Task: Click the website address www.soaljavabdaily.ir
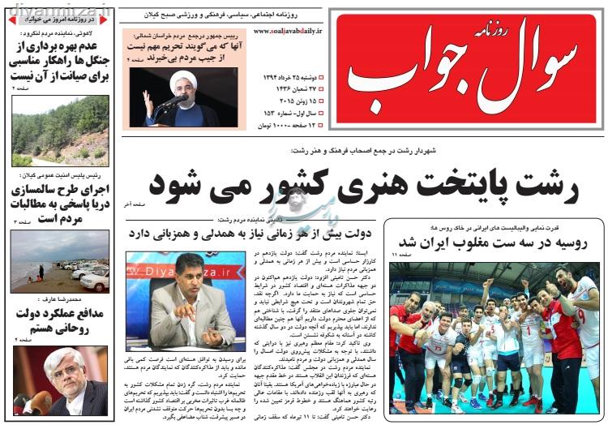(287, 30)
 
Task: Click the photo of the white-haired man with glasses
(61, 381)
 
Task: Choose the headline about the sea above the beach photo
(61, 203)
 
